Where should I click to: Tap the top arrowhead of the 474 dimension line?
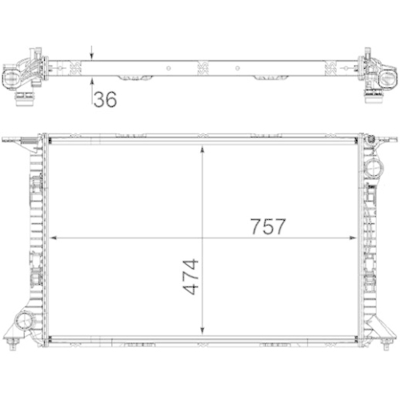(203, 150)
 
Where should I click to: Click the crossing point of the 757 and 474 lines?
(203, 238)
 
